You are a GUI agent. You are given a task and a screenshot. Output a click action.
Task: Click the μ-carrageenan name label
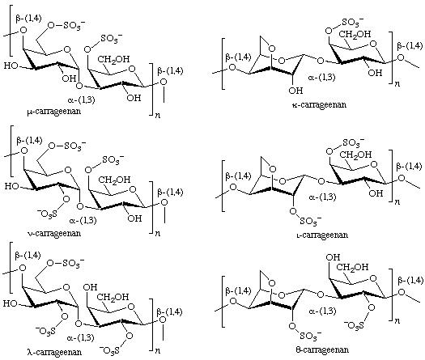click(x=53, y=112)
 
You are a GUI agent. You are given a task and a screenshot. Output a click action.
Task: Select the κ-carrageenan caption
click(x=319, y=104)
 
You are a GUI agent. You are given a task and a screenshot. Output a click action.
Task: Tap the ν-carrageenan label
click(x=54, y=233)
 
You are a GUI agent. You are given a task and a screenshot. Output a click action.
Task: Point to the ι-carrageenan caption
click(x=322, y=235)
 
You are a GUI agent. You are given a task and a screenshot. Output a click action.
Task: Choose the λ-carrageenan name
click(x=54, y=352)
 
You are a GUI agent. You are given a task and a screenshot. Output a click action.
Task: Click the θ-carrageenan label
click(x=322, y=349)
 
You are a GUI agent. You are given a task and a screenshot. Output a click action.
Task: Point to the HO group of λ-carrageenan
click(x=11, y=303)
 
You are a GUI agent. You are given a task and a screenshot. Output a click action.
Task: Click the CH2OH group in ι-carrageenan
click(x=355, y=155)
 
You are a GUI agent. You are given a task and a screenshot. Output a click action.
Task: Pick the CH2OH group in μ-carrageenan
click(x=113, y=59)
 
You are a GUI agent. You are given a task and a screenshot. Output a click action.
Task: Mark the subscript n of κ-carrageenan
click(x=397, y=83)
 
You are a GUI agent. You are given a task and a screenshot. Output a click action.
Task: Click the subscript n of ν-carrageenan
click(x=158, y=233)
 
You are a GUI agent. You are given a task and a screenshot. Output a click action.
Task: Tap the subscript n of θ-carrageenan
click(x=397, y=321)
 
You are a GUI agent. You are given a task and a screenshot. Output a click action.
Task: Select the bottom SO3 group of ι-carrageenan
click(x=310, y=221)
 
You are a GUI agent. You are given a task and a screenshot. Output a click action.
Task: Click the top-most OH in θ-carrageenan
click(x=333, y=257)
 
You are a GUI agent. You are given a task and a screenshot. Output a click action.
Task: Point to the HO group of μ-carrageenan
click(x=11, y=66)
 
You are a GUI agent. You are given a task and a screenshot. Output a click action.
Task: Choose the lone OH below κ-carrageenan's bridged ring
click(x=295, y=91)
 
